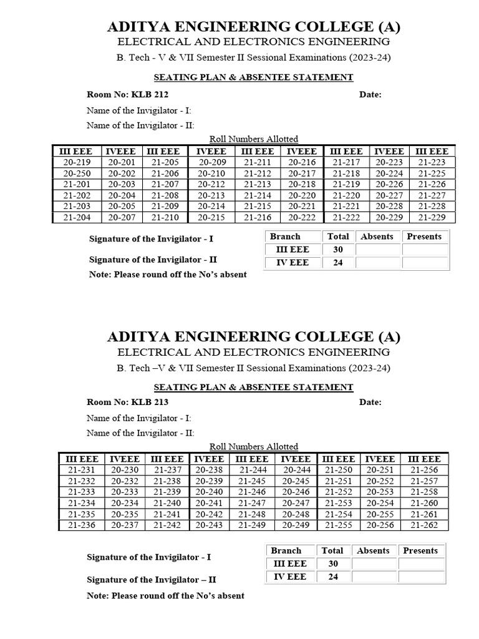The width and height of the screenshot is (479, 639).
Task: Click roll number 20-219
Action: pyautogui.click(x=76, y=162)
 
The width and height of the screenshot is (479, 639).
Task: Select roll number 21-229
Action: pyautogui.click(x=432, y=217)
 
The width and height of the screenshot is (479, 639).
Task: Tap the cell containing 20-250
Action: pyautogui.click(x=76, y=173)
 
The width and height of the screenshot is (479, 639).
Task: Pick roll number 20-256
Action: pyautogui.click(x=379, y=525)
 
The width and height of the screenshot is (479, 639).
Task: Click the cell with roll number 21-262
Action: pyautogui.click(x=424, y=525)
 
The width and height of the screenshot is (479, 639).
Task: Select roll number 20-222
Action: pyautogui.click(x=301, y=217)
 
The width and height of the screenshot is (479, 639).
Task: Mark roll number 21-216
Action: pyautogui.click(x=257, y=217)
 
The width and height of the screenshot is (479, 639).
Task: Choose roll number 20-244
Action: pyautogui.click(x=296, y=470)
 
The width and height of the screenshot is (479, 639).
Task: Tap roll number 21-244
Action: pyautogui.click(x=253, y=470)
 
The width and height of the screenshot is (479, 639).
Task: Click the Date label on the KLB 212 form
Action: pyautogui.click(x=370, y=95)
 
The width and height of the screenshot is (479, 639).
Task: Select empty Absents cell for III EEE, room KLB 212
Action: pyautogui.click(x=377, y=250)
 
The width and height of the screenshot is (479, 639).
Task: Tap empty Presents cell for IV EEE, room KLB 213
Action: pyautogui.click(x=420, y=577)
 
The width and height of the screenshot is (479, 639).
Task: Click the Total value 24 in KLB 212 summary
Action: pyautogui.click(x=338, y=263)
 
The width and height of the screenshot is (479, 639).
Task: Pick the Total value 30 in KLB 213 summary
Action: pyautogui.click(x=332, y=563)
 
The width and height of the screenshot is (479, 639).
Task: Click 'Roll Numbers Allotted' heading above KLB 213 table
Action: pyautogui.click(x=254, y=447)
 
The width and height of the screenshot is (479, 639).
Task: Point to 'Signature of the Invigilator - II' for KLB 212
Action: pyautogui.click(x=153, y=260)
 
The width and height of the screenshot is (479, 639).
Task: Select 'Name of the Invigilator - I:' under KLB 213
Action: pyautogui.click(x=139, y=418)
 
